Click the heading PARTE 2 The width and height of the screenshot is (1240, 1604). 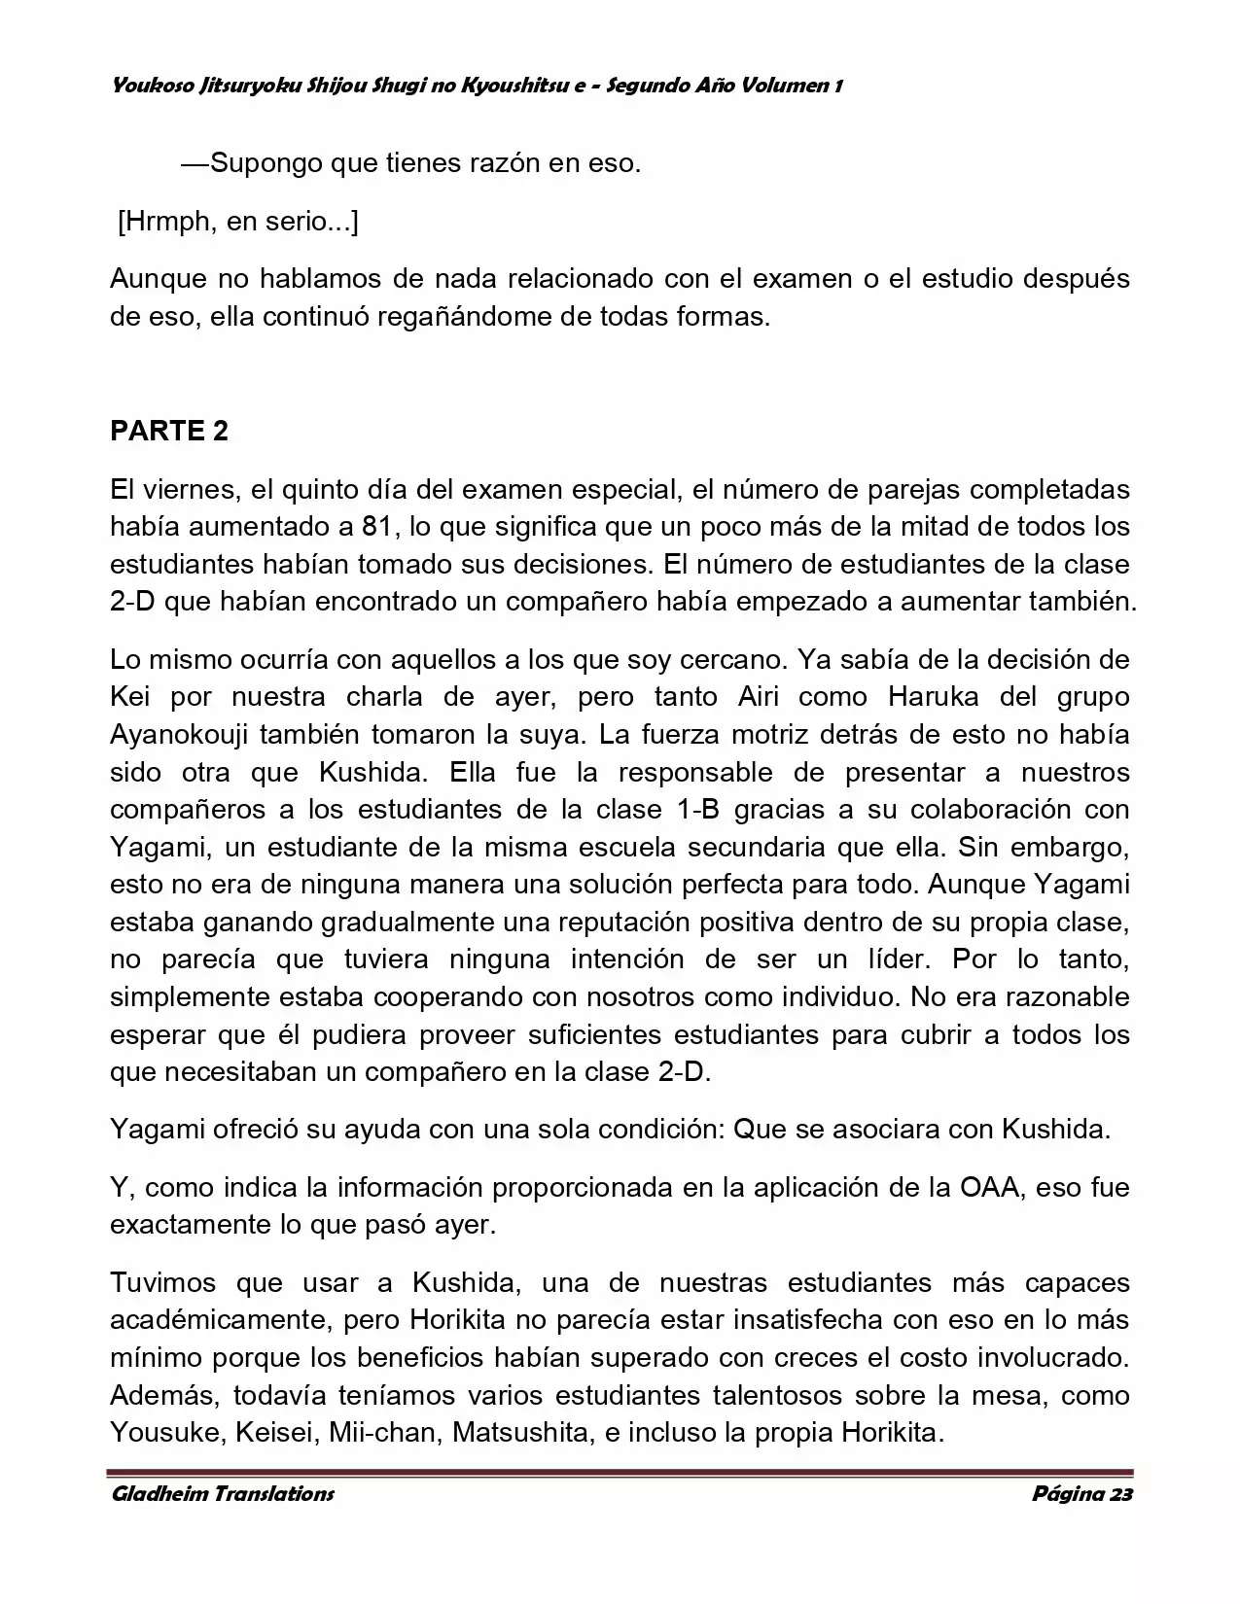pos(169,432)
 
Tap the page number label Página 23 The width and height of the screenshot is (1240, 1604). pos(1081,1494)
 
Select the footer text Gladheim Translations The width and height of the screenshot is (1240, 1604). pos(223,1494)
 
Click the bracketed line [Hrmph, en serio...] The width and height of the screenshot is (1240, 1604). pos(238,222)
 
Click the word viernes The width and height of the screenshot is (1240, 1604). pos(190,489)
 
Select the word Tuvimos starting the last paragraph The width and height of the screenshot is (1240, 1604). pos(165,1283)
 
